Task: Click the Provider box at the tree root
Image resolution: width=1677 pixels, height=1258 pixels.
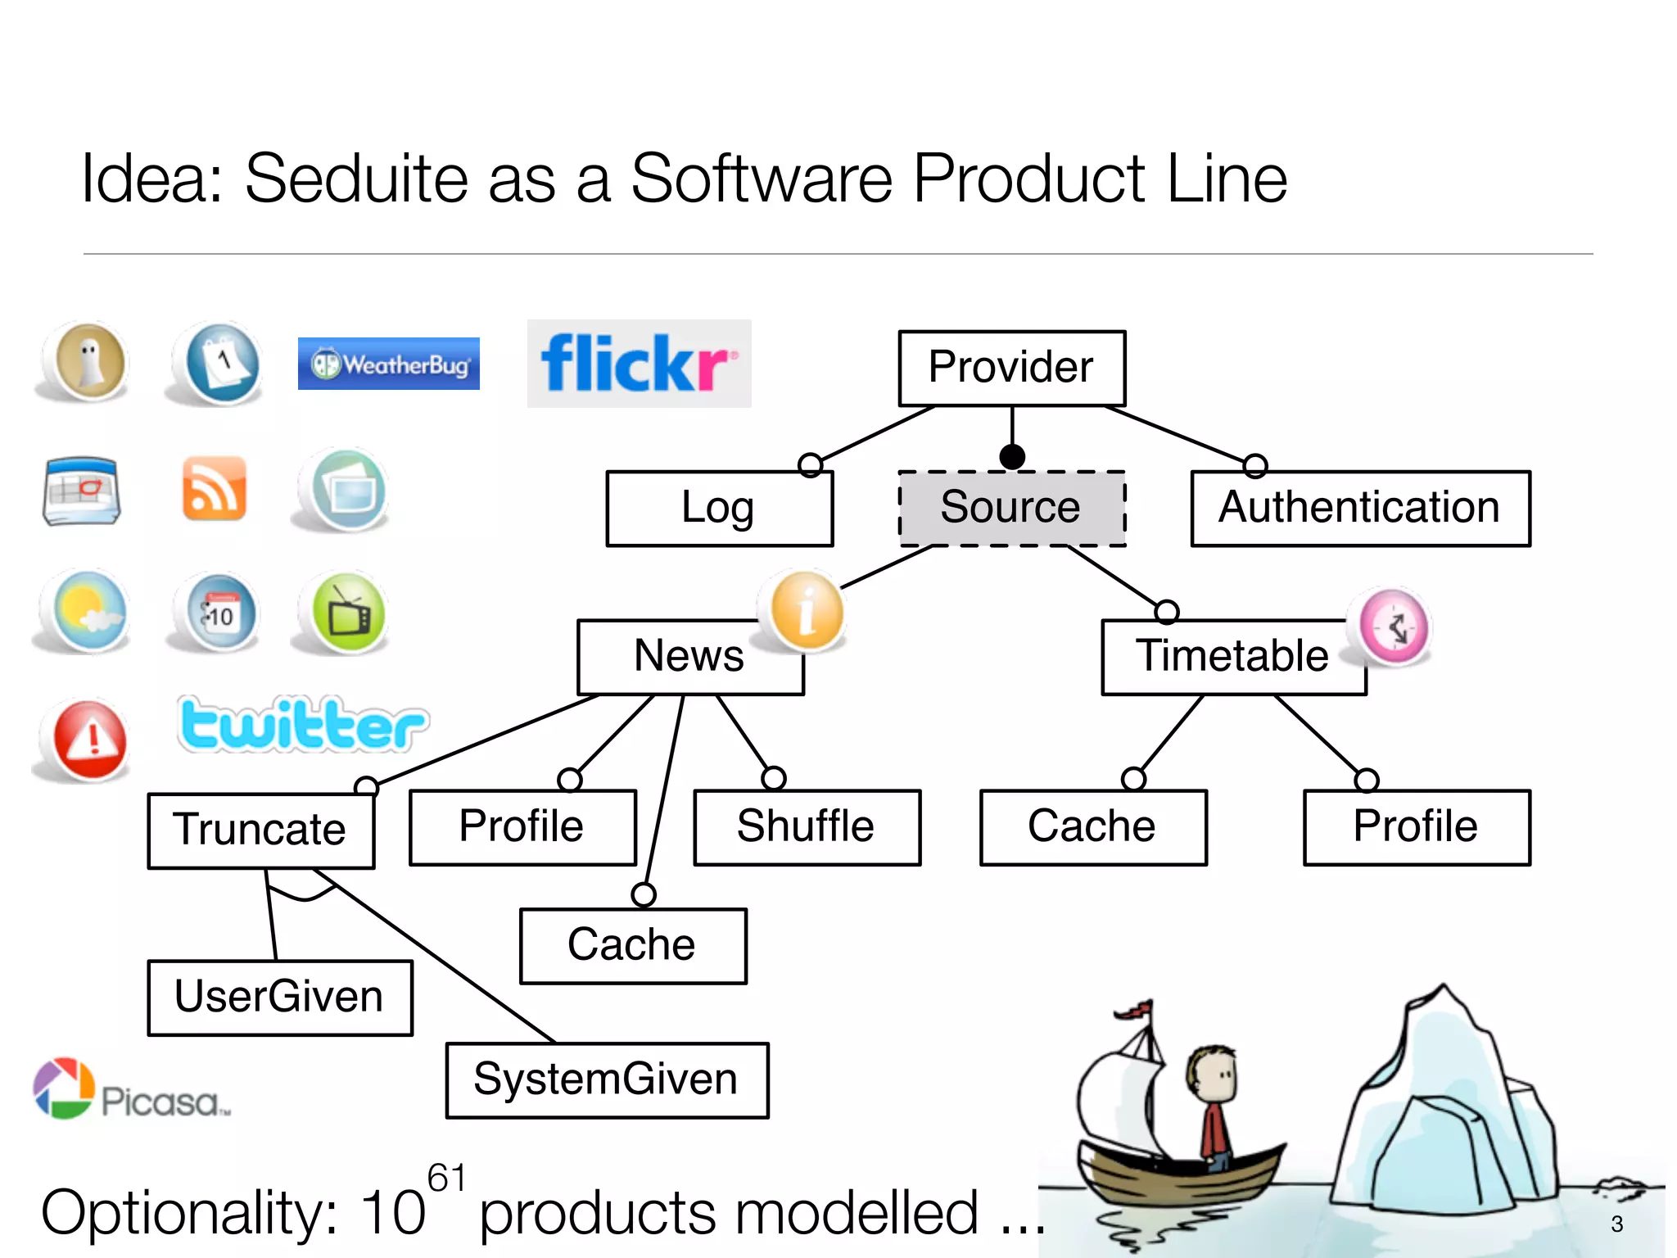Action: [x=1011, y=368]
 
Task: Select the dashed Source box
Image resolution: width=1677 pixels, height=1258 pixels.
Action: [x=1011, y=508]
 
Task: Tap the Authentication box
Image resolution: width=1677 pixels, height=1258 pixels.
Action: [x=1359, y=508]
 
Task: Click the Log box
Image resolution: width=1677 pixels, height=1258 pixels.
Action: [x=719, y=508]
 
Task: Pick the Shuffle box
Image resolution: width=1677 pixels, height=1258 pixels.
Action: [x=807, y=826]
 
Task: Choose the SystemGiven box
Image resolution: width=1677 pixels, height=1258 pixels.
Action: [x=607, y=1079]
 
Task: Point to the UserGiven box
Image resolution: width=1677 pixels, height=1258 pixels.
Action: [x=279, y=997]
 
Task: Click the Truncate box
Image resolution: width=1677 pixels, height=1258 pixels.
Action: [x=260, y=830]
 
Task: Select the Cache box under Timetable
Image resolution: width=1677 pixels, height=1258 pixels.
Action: [x=1092, y=826]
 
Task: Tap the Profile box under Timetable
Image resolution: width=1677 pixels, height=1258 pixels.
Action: [x=1416, y=826]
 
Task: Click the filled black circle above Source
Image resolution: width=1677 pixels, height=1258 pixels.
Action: [x=1012, y=456]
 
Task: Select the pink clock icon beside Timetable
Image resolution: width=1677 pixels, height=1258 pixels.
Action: [x=1394, y=627]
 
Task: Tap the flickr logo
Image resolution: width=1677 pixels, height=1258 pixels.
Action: [x=639, y=364]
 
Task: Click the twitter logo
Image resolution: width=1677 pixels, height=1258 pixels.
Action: [x=302, y=725]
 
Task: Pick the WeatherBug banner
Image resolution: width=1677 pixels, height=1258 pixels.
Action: [x=388, y=364]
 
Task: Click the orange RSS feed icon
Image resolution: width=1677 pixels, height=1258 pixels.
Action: [x=214, y=489]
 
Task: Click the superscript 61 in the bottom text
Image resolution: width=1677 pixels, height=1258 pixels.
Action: [x=446, y=1178]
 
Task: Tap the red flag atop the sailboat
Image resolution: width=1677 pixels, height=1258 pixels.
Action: [x=1136, y=1010]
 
